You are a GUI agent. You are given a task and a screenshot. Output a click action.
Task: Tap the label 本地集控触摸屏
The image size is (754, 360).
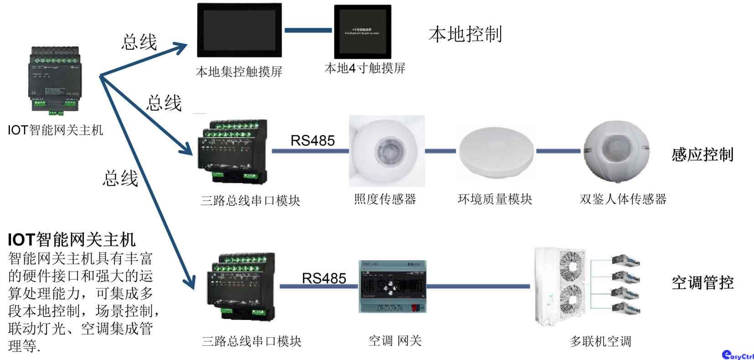pyautogui.click(x=239, y=72)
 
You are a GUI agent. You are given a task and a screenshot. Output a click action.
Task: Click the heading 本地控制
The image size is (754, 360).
pyautogui.click(x=465, y=34)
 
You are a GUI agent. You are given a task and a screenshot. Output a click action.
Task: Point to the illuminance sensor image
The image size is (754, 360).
pyautogui.click(x=387, y=151)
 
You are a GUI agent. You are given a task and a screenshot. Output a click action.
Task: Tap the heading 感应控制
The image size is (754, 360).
pyautogui.click(x=702, y=155)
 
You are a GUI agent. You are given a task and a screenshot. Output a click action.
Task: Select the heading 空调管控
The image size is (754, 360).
pyautogui.click(x=702, y=283)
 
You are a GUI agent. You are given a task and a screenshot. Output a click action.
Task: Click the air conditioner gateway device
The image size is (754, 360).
pyautogui.click(x=392, y=287)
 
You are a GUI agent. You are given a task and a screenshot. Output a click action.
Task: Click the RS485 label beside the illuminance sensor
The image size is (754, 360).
pyautogui.click(x=313, y=140)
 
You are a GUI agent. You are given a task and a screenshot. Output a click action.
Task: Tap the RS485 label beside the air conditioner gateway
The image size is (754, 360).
pyautogui.click(x=324, y=278)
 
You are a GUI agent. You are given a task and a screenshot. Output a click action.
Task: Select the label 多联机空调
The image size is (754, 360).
pyautogui.click(x=600, y=341)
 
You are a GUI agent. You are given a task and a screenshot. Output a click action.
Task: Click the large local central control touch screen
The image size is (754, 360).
pyautogui.click(x=239, y=31)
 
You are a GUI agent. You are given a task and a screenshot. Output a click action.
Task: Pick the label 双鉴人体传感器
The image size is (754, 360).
pyautogui.click(x=623, y=199)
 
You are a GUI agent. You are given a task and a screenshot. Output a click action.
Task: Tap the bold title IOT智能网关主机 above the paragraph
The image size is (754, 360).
pyautogui.click(x=72, y=239)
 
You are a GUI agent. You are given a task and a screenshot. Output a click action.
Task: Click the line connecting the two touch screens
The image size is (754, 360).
pyautogui.click(x=308, y=31)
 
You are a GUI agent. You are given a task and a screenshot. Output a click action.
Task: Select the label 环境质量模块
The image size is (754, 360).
pyautogui.click(x=495, y=199)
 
